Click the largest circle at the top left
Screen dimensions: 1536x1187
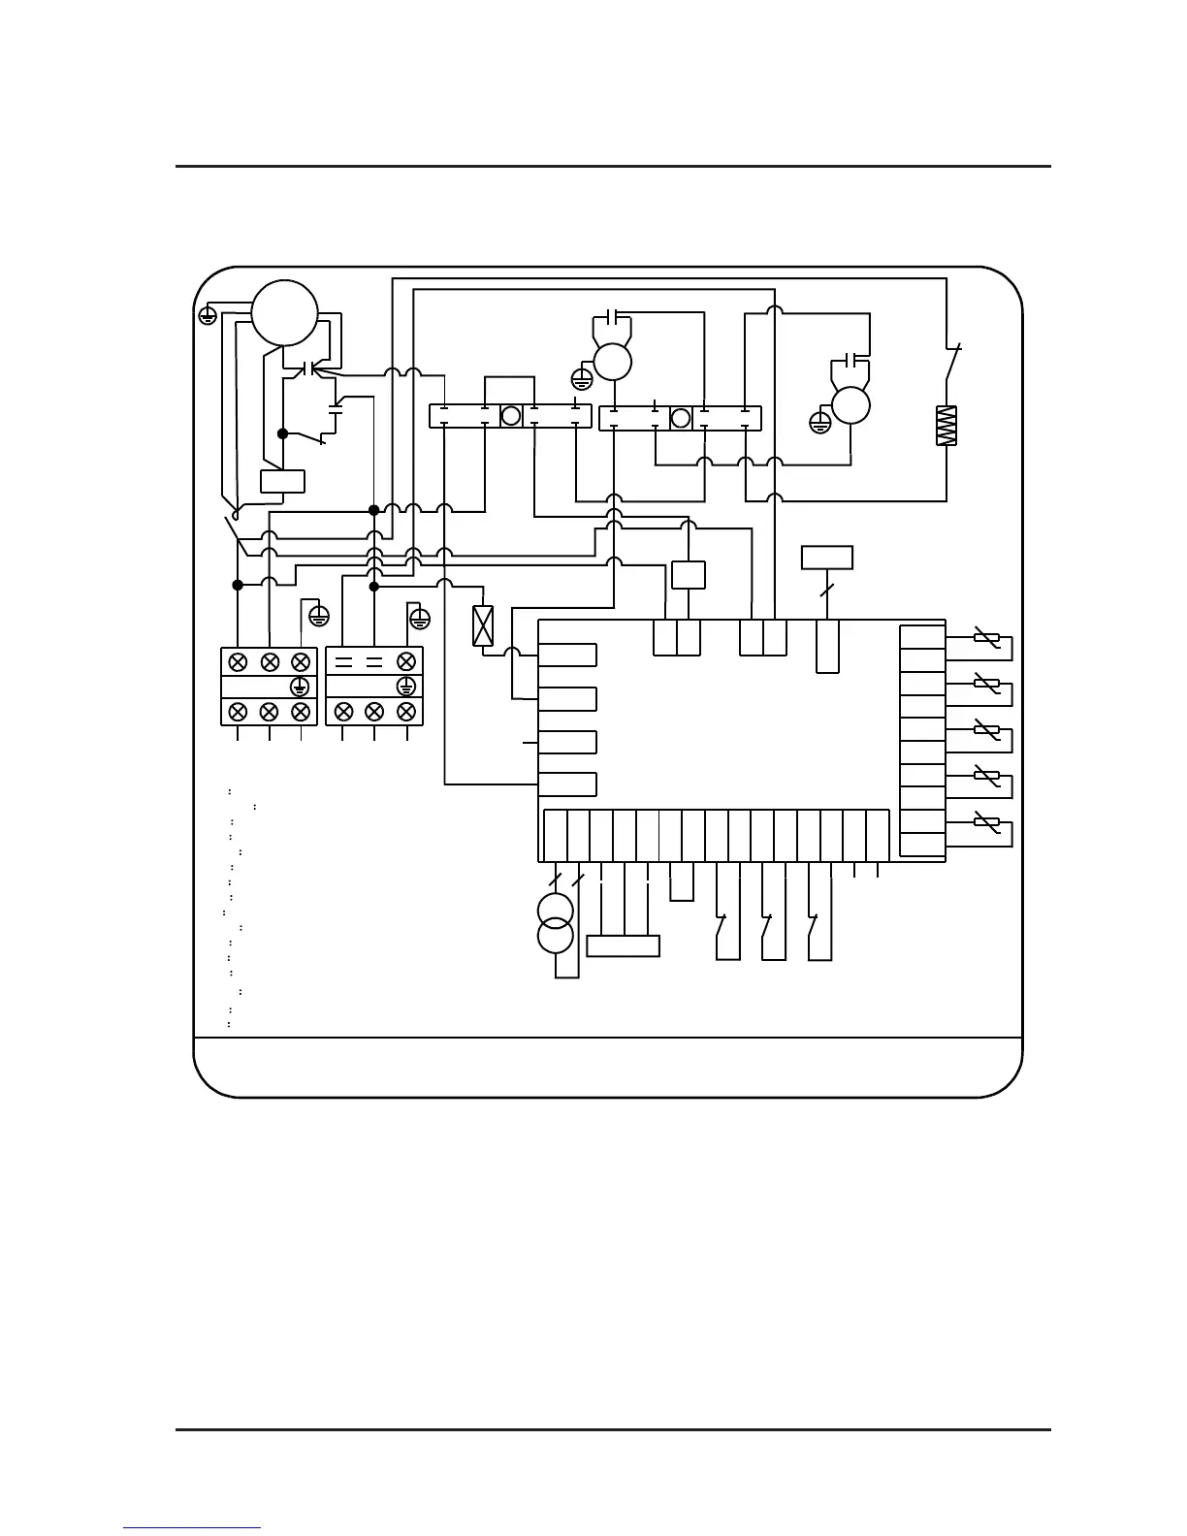point(284,312)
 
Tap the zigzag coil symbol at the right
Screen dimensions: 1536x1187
point(946,426)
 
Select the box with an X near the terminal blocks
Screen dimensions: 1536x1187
point(482,625)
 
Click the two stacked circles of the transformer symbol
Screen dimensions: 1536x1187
point(556,923)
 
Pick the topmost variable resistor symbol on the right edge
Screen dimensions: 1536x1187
point(986,637)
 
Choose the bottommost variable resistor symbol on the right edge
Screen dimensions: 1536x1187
point(986,822)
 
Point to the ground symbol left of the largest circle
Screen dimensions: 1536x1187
point(208,314)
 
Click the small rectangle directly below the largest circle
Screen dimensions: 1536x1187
point(282,481)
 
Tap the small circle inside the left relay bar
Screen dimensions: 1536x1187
point(511,417)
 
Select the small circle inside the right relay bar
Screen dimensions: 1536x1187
point(681,418)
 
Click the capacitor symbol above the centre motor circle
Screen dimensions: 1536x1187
point(611,317)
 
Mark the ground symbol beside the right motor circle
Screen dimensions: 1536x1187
point(820,423)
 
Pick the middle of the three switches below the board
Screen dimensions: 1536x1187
point(768,928)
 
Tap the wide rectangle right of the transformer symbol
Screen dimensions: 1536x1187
point(624,945)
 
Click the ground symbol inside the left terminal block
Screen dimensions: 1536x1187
point(300,687)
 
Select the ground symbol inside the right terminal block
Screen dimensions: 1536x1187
point(406,687)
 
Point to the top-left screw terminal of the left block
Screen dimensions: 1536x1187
point(238,662)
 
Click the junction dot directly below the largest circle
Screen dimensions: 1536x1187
point(282,433)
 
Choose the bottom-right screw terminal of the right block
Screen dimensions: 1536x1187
point(406,712)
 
